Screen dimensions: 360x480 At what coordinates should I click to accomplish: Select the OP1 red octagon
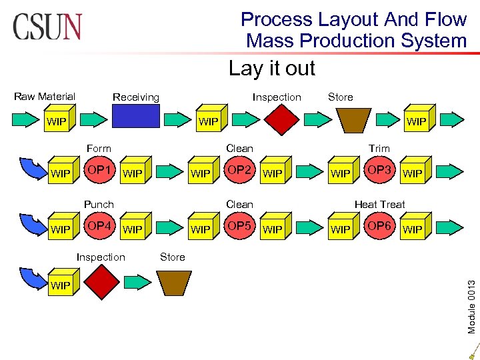99,172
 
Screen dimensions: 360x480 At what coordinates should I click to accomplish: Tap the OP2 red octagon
239,172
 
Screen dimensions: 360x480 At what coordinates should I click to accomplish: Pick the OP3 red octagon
379,172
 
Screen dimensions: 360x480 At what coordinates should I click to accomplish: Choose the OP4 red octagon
99,228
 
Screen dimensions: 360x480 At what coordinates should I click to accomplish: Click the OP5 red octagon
239,228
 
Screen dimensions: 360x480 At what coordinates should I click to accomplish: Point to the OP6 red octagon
379,228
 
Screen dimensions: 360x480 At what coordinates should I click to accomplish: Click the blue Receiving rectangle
136,117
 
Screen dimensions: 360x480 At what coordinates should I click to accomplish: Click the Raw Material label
45,97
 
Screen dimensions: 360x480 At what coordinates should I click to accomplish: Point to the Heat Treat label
379,204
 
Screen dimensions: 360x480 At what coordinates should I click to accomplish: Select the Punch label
99,204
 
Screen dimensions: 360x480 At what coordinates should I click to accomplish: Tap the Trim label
379,148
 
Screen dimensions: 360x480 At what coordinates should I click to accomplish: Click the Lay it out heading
271,68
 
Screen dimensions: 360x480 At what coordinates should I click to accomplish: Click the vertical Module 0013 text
471,297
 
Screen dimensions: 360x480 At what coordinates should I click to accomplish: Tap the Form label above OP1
99,148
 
